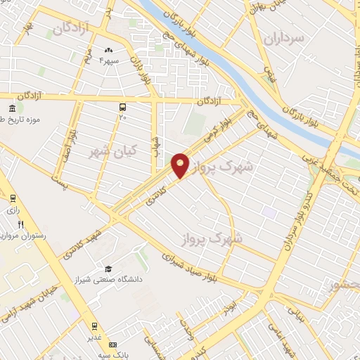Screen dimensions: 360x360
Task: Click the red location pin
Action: tap(181, 165)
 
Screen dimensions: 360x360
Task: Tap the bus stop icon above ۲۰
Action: tap(123, 108)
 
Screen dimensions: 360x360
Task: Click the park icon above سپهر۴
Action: tap(108, 51)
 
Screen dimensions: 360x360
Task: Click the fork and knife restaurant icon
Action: tap(21, 224)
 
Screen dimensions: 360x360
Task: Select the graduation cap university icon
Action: tap(108, 269)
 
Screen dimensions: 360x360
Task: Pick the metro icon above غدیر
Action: tap(94, 326)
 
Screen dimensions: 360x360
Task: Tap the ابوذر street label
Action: tap(231, 307)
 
